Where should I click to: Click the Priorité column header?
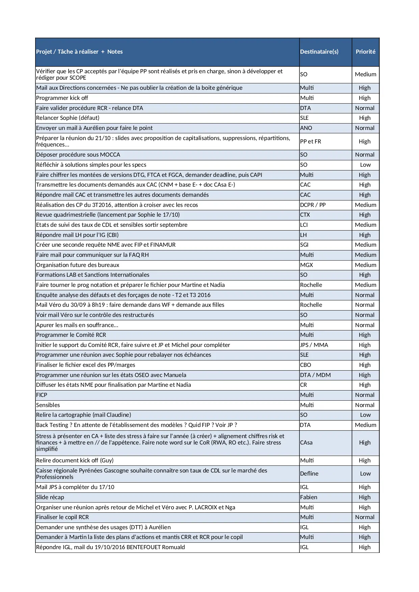[x=365, y=52]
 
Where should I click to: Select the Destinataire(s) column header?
[x=319, y=52]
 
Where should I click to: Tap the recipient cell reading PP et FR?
[x=310, y=141]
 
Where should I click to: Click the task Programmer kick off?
[x=62, y=98]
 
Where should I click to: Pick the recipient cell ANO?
[x=306, y=128]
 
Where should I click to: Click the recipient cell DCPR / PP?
[x=313, y=205]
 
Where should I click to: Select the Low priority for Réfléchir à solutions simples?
[x=365, y=165]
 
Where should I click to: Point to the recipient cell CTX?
[x=305, y=215]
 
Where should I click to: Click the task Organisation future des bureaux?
[x=78, y=265]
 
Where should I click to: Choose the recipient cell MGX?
[x=306, y=265]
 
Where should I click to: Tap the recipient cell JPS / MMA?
[x=314, y=345]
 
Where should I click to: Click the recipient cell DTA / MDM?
[x=315, y=375]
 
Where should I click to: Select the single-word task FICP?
[x=42, y=395]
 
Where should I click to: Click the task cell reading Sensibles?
[x=48, y=405]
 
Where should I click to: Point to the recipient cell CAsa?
[x=306, y=442]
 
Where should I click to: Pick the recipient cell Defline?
[x=309, y=474]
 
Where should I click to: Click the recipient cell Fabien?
[x=309, y=497]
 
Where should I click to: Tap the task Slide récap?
[x=50, y=497]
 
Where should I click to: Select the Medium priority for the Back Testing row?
[x=365, y=425]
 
